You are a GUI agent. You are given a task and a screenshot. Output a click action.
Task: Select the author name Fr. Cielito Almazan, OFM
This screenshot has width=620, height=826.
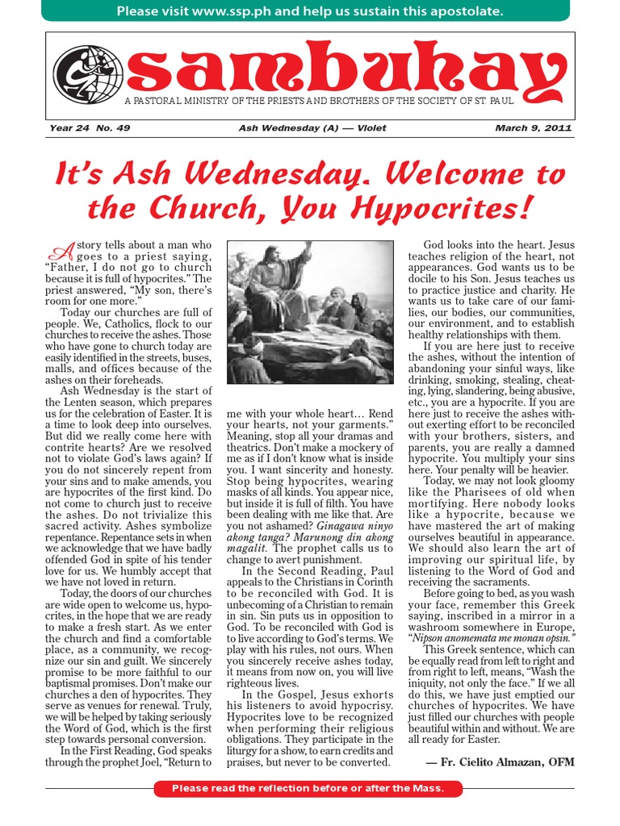coord(500,761)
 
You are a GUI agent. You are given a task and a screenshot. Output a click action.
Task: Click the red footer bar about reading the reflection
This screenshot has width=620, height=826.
coord(310,787)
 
